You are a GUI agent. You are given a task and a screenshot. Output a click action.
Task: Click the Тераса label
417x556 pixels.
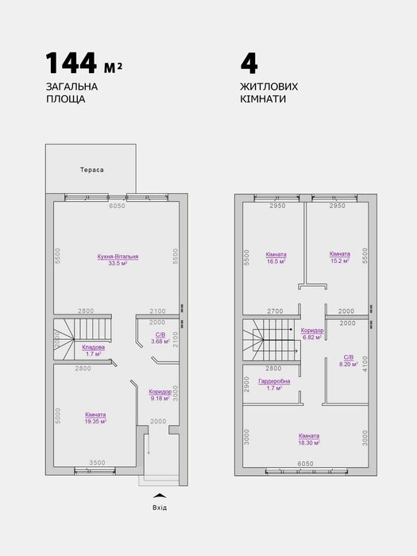(92, 170)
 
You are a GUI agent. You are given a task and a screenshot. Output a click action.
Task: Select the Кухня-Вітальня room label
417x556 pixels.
(118, 257)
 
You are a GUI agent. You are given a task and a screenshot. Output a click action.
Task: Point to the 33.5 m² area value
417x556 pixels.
(118, 264)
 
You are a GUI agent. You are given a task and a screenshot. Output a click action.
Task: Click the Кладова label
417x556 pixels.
(94, 347)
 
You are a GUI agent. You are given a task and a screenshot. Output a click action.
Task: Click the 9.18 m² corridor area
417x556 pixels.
(160, 398)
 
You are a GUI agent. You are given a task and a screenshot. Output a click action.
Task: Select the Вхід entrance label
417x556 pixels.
(160, 508)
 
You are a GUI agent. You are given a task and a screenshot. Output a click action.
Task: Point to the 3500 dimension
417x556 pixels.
(97, 461)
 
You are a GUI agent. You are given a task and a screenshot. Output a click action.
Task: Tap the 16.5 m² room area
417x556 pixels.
(276, 261)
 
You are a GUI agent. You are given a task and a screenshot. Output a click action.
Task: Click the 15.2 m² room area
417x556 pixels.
(339, 261)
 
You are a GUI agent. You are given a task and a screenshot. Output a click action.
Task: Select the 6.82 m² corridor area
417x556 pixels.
(311, 337)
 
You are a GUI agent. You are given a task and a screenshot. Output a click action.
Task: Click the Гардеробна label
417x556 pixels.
(275, 381)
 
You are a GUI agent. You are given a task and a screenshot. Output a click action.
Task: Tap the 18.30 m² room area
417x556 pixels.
(310, 442)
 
